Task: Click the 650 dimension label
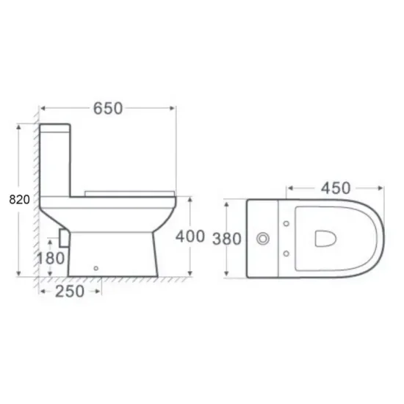point(108,109)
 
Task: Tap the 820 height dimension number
point(19,199)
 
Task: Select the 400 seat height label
point(190,237)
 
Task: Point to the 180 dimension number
point(51,258)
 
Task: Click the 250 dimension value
point(70,292)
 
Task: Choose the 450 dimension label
point(336,188)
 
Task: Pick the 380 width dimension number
point(227,239)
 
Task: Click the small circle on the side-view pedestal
point(95,268)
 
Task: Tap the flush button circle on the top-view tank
point(263,239)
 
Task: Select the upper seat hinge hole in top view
point(286,223)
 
